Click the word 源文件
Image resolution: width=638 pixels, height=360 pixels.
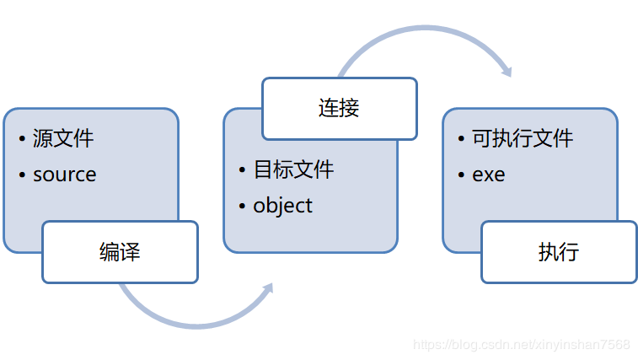tap(63, 138)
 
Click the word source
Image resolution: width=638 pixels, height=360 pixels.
tap(65, 175)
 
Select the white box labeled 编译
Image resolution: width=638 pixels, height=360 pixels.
tap(120, 252)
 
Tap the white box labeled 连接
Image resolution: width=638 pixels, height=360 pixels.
tap(339, 109)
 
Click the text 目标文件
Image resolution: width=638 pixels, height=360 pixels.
tap(294, 169)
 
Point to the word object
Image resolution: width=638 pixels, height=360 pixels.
tap(282, 205)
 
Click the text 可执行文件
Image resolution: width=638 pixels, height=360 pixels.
tap(523, 138)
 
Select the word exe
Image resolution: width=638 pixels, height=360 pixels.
tap(489, 175)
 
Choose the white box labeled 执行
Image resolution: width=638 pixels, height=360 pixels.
tap(559, 252)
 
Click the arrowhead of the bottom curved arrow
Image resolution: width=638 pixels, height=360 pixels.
tap(267, 289)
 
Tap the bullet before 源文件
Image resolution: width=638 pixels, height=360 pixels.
tap(23, 139)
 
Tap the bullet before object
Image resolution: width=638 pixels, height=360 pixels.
tap(243, 206)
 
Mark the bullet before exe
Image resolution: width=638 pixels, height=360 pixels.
tap(462, 175)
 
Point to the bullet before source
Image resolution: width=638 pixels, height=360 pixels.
tap(23, 175)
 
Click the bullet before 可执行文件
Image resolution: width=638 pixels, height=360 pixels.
tap(462, 139)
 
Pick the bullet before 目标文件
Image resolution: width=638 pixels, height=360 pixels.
tap(243, 169)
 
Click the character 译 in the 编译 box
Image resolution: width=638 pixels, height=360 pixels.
tap(130, 252)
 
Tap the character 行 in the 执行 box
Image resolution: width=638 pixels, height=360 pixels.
tap(570, 252)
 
